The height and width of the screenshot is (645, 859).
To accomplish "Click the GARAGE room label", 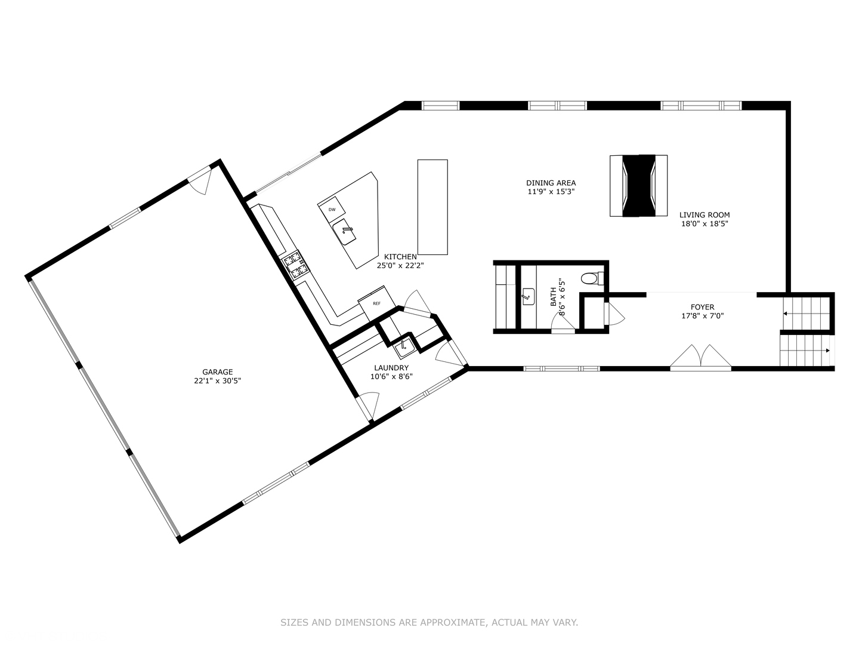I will click(x=217, y=371).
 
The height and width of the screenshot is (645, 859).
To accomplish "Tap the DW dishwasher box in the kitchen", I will click(x=332, y=209).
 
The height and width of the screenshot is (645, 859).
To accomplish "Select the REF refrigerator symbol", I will click(x=376, y=303).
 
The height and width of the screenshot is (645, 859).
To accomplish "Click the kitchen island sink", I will click(x=345, y=232).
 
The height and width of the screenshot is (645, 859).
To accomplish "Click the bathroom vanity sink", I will click(x=529, y=296).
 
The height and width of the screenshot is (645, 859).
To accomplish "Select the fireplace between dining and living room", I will click(x=638, y=186).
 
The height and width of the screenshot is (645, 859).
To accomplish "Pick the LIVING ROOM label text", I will click(x=704, y=215).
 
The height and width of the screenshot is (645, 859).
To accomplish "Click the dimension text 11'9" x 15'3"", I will click(x=551, y=192).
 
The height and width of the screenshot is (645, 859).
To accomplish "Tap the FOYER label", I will click(x=703, y=308).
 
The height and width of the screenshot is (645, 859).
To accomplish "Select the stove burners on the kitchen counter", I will click(x=295, y=266).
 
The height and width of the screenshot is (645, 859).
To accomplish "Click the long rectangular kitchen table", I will click(x=432, y=207).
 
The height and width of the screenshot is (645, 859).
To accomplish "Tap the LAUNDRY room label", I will click(x=391, y=368).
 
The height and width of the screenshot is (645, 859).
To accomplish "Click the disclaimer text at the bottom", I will click(x=429, y=622).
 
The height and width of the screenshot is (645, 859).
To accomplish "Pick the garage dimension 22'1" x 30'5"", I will click(x=217, y=380).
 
